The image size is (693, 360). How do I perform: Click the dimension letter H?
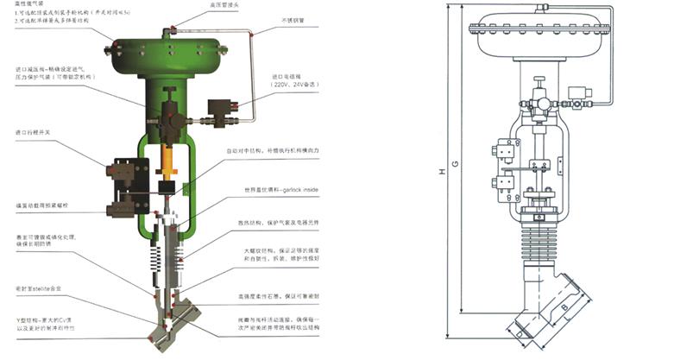tap(441, 172)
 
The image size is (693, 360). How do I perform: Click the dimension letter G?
tap(455, 164)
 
